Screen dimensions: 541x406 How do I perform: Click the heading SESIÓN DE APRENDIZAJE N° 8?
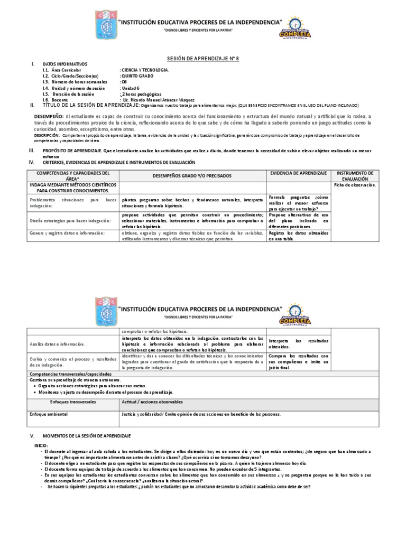click(203, 59)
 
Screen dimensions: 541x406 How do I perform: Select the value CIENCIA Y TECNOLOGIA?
click(145, 70)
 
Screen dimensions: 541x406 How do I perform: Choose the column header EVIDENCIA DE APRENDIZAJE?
click(298, 173)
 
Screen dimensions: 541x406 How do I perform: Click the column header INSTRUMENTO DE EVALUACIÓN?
click(355, 176)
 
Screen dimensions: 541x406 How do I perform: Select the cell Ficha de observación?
click(355, 185)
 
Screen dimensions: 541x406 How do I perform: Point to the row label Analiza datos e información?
click(58, 344)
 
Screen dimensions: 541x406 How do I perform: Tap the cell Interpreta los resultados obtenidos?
click(298, 344)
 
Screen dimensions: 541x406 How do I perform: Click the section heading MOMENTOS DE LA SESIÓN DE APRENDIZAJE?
click(87, 435)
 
